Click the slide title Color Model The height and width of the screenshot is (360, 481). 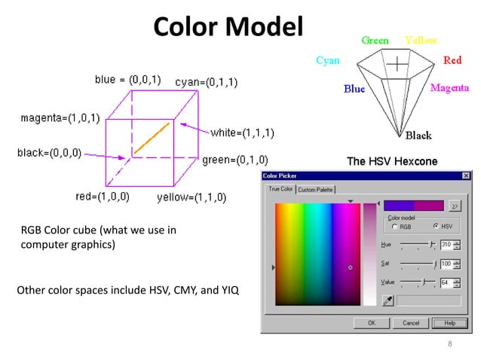tap(227, 27)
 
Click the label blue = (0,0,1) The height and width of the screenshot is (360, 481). tap(127, 78)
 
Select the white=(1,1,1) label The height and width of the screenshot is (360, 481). tap(242, 133)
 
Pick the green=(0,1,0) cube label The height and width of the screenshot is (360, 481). tap(234, 160)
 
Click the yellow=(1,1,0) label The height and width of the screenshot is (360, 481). tap(191, 198)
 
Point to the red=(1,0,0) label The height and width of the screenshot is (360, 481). tap(103, 197)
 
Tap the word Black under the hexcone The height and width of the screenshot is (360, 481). tap(418, 136)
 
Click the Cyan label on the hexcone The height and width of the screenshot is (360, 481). tap(327, 60)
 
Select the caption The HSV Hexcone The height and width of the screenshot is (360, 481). tap(391, 161)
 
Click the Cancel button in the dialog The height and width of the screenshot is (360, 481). tap(411, 322)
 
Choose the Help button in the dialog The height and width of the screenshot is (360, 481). tap(450, 322)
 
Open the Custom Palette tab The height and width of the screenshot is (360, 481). tap(316, 190)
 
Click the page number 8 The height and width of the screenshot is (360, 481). tap(450, 345)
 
